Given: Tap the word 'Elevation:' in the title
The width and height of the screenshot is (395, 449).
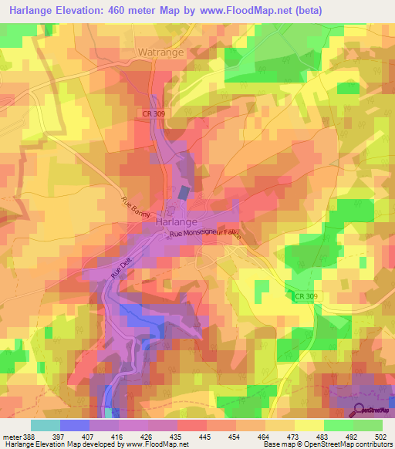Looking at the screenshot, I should click(x=89, y=10).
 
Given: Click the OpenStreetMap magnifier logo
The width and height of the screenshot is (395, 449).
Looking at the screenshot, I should click(x=360, y=410).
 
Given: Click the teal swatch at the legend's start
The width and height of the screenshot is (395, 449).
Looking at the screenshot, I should click(x=46, y=425).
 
